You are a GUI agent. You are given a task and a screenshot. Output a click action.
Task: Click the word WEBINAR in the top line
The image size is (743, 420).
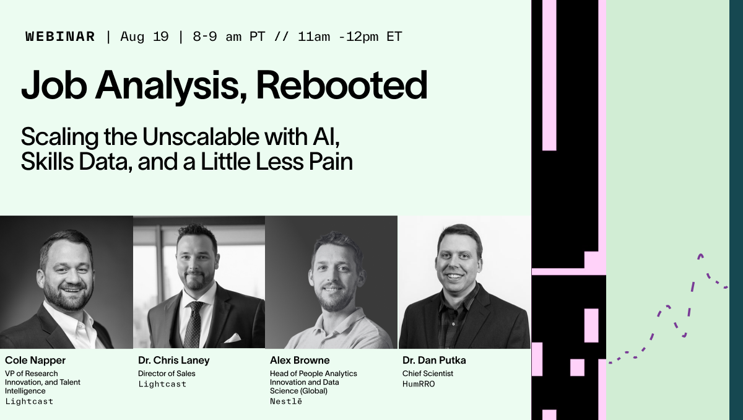click(60, 37)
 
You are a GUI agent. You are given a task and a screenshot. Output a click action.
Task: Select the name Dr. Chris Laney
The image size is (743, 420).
click(174, 361)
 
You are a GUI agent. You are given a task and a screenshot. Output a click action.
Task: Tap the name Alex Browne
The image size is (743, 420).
click(300, 361)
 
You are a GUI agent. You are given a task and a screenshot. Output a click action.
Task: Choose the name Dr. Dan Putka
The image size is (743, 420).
click(434, 361)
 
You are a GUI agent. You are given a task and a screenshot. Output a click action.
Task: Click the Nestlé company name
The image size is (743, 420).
click(286, 401)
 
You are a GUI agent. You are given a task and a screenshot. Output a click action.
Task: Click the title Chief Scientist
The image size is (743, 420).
click(428, 374)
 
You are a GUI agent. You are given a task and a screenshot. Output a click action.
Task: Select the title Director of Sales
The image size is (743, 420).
click(167, 374)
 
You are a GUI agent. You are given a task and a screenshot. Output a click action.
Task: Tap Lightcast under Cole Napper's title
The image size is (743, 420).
click(29, 401)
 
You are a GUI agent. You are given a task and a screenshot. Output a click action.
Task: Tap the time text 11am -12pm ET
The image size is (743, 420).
click(350, 37)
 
